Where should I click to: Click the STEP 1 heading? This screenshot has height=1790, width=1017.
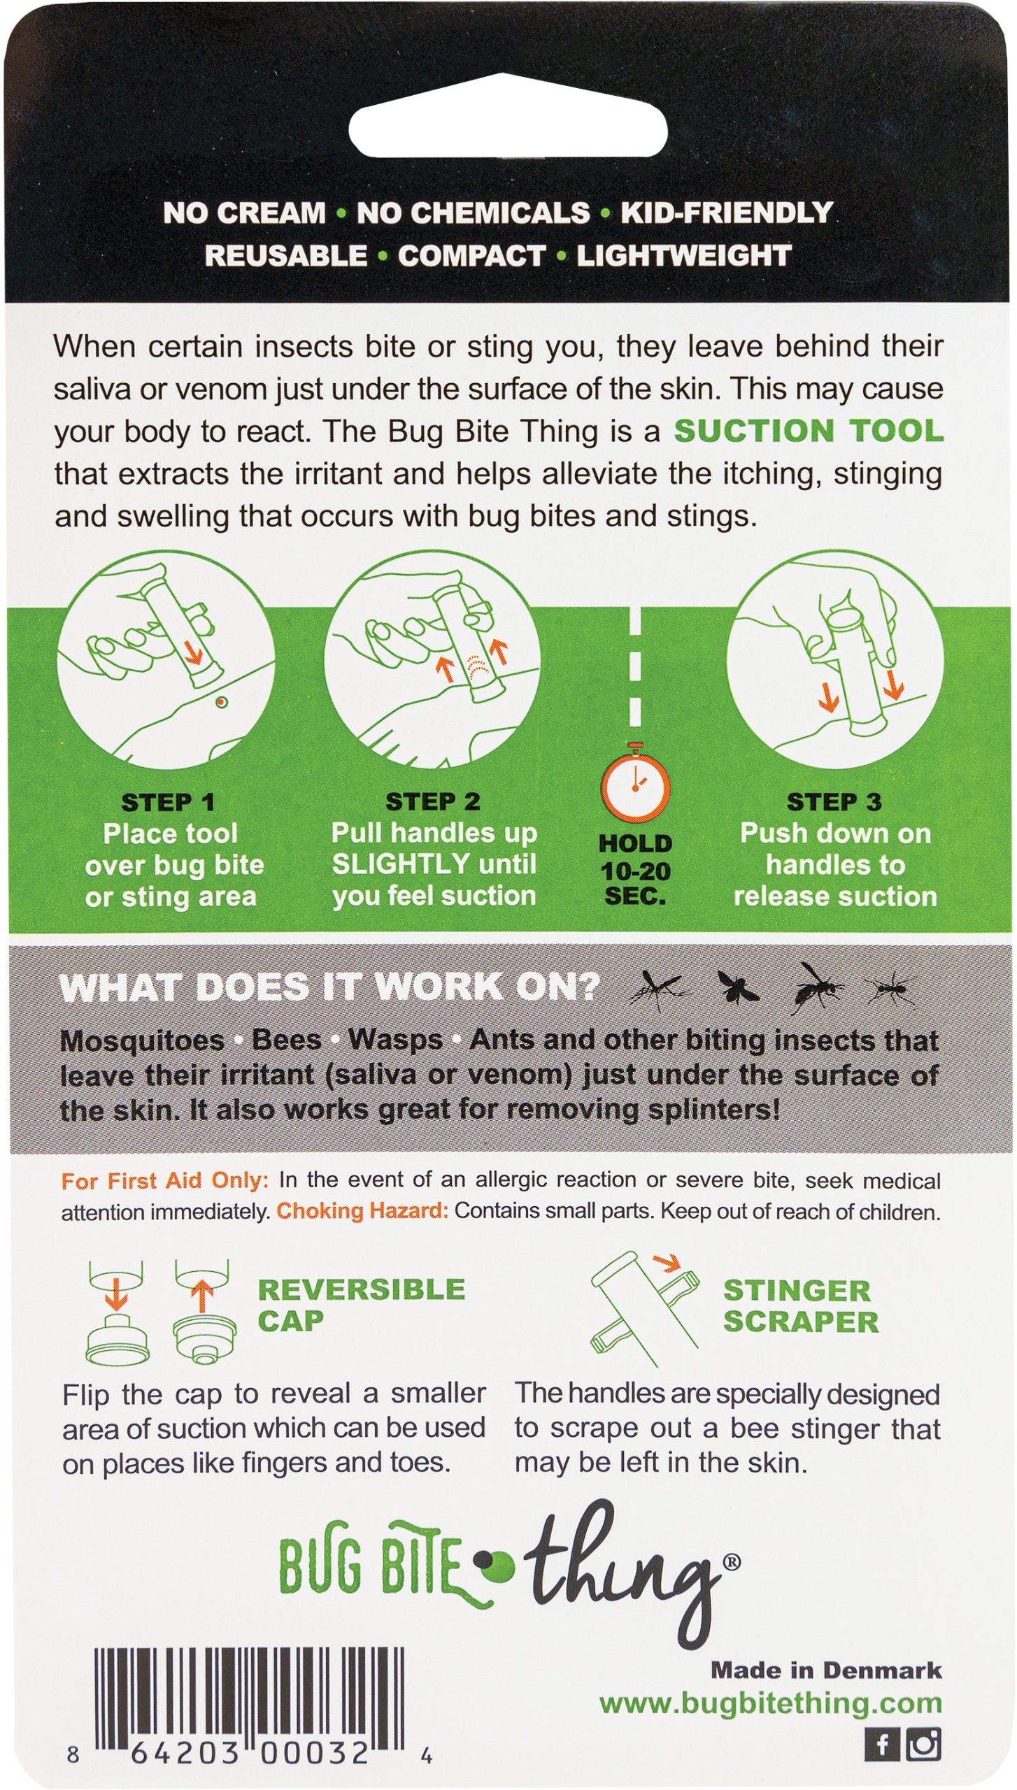(x=168, y=803)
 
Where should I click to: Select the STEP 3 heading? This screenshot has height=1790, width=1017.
(x=834, y=802)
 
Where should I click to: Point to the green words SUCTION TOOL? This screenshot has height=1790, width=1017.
(x=808, y=431)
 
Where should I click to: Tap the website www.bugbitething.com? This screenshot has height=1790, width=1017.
(x=770, y=1704)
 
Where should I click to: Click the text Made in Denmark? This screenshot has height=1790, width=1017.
(x=826, y=1670)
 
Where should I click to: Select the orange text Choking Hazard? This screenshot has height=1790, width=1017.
(x=362, y=1211)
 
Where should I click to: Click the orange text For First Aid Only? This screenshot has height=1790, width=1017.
(x=164, y=1181)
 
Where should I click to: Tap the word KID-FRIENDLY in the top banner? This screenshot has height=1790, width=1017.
(x=726, y=213)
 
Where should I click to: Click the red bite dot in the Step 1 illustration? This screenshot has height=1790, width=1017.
(x=222, y=701)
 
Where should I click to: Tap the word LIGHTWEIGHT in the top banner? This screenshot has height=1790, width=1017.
(x=683, y=256)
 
